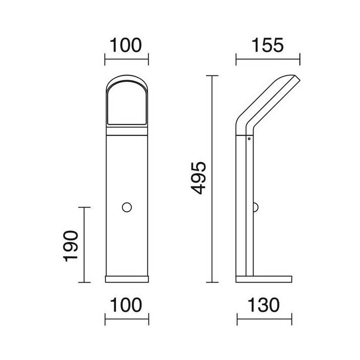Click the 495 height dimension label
pos(198,178)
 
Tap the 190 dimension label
pos(70,246)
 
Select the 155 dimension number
pos(267,45)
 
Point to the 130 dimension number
pos(264,305)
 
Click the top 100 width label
pos(126,45)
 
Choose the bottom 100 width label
pos(126,305)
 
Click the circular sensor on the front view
pos(126,207)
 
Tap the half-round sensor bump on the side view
pos(256,207)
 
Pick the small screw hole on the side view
pos(249,138)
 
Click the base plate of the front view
pos(126,279)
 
